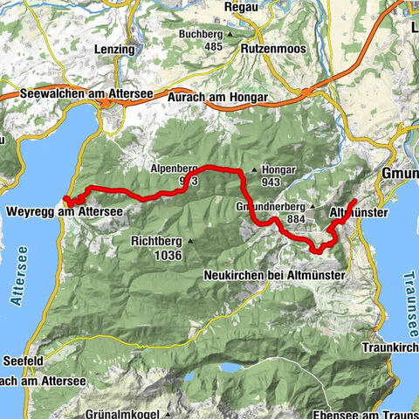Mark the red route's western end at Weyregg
[67, 202]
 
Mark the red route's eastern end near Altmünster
[354, 202]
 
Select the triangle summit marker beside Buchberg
[230, 35]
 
